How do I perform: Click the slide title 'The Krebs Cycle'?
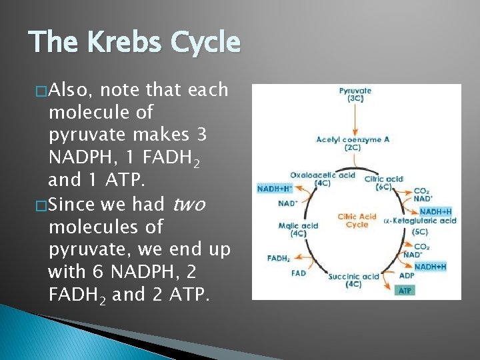[x=134, y=43]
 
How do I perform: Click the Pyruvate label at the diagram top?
[x=355, y=95]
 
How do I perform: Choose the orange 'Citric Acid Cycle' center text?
[x=357, y=221]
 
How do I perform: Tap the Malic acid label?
[x=298, y=229]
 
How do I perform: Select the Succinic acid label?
[x=353, y=280]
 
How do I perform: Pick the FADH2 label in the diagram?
[x=277, y=258]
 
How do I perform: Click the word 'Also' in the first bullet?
[x=73, y=89]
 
